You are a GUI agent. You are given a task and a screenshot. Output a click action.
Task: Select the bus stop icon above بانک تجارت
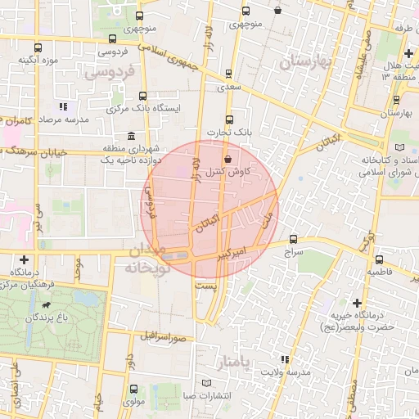pos(228,119)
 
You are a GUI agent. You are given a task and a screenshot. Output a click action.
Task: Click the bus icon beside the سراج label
pos(294,240)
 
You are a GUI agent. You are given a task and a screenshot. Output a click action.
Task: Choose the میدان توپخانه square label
pos(147,259)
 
